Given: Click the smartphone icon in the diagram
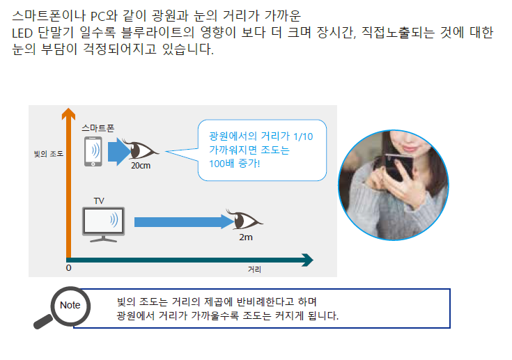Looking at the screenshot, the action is click(x=93, y=151).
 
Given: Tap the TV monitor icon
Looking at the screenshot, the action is click(x=104, y=224).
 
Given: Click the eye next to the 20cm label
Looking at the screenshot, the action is click(x=140, y=150).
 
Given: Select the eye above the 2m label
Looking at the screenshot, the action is click(x=245, y=219).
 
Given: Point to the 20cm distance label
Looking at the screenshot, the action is click(x=141, y=166).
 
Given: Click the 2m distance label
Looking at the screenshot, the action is click(x=246, y=237).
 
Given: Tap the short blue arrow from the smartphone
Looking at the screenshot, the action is click(x=120, y=151).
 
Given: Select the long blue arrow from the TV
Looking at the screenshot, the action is click(x=185, y=222).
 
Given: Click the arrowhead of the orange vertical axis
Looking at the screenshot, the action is click(x=68, y=113).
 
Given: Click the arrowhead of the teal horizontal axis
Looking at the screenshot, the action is click(x=307, y=260).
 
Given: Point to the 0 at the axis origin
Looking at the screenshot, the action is click(x=68, y=268).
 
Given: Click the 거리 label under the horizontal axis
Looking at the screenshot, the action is click(x=254, y=269).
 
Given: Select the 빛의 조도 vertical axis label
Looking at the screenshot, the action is click(x=49, y=154).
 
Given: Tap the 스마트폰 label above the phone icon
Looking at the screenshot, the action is click(x=98, y=128).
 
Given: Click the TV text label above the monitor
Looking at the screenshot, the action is click(x=99, y=201).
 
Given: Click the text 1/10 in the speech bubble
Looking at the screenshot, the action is click(x=303, y=136).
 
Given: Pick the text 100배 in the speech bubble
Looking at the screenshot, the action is click(x=222, y=163).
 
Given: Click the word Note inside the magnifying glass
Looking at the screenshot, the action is click(x=70, y=305).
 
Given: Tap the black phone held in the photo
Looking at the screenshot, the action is click(x=398, y=166).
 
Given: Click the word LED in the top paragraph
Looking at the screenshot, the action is click(x=22, y=33).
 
